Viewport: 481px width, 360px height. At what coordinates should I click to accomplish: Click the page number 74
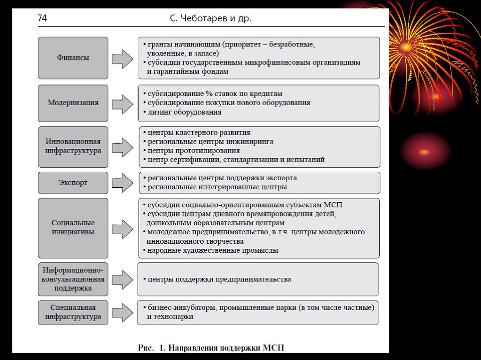pyautogui.click(x=42, y=19)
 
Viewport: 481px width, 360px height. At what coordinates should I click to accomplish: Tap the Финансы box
pyautogui.click(x=73, y=58)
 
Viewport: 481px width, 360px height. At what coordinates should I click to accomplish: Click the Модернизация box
pyautogui.click(x=73, y=102)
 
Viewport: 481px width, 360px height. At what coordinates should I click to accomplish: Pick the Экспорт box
pyautogui.click(x=73, y=183)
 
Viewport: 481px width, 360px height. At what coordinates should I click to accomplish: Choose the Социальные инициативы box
pyautogui.click(x=73, y=227)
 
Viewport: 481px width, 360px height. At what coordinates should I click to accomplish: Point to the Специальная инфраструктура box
pyautogui.click(x=73, y=312)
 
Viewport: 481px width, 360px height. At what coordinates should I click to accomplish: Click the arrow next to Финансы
pyautogui.click(x=123, y=59)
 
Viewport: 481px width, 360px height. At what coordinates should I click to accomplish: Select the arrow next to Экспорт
pyautogui.click(x=123, y=183)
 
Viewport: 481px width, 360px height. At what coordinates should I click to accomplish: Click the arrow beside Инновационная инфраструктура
pyautogui.click(x=123, y=146)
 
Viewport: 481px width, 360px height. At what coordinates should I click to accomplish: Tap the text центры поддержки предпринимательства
pyautogui.click(x=219, y=279)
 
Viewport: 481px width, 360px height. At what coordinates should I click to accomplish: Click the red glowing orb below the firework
pyautogui.click(x=425, y=152)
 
